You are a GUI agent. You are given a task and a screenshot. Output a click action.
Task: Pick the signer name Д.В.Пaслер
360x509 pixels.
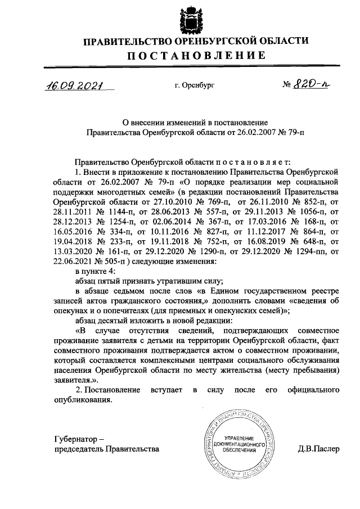click(x=319, y=449)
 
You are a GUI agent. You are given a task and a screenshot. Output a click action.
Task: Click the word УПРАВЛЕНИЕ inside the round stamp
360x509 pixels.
click(x=238, y=437)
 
